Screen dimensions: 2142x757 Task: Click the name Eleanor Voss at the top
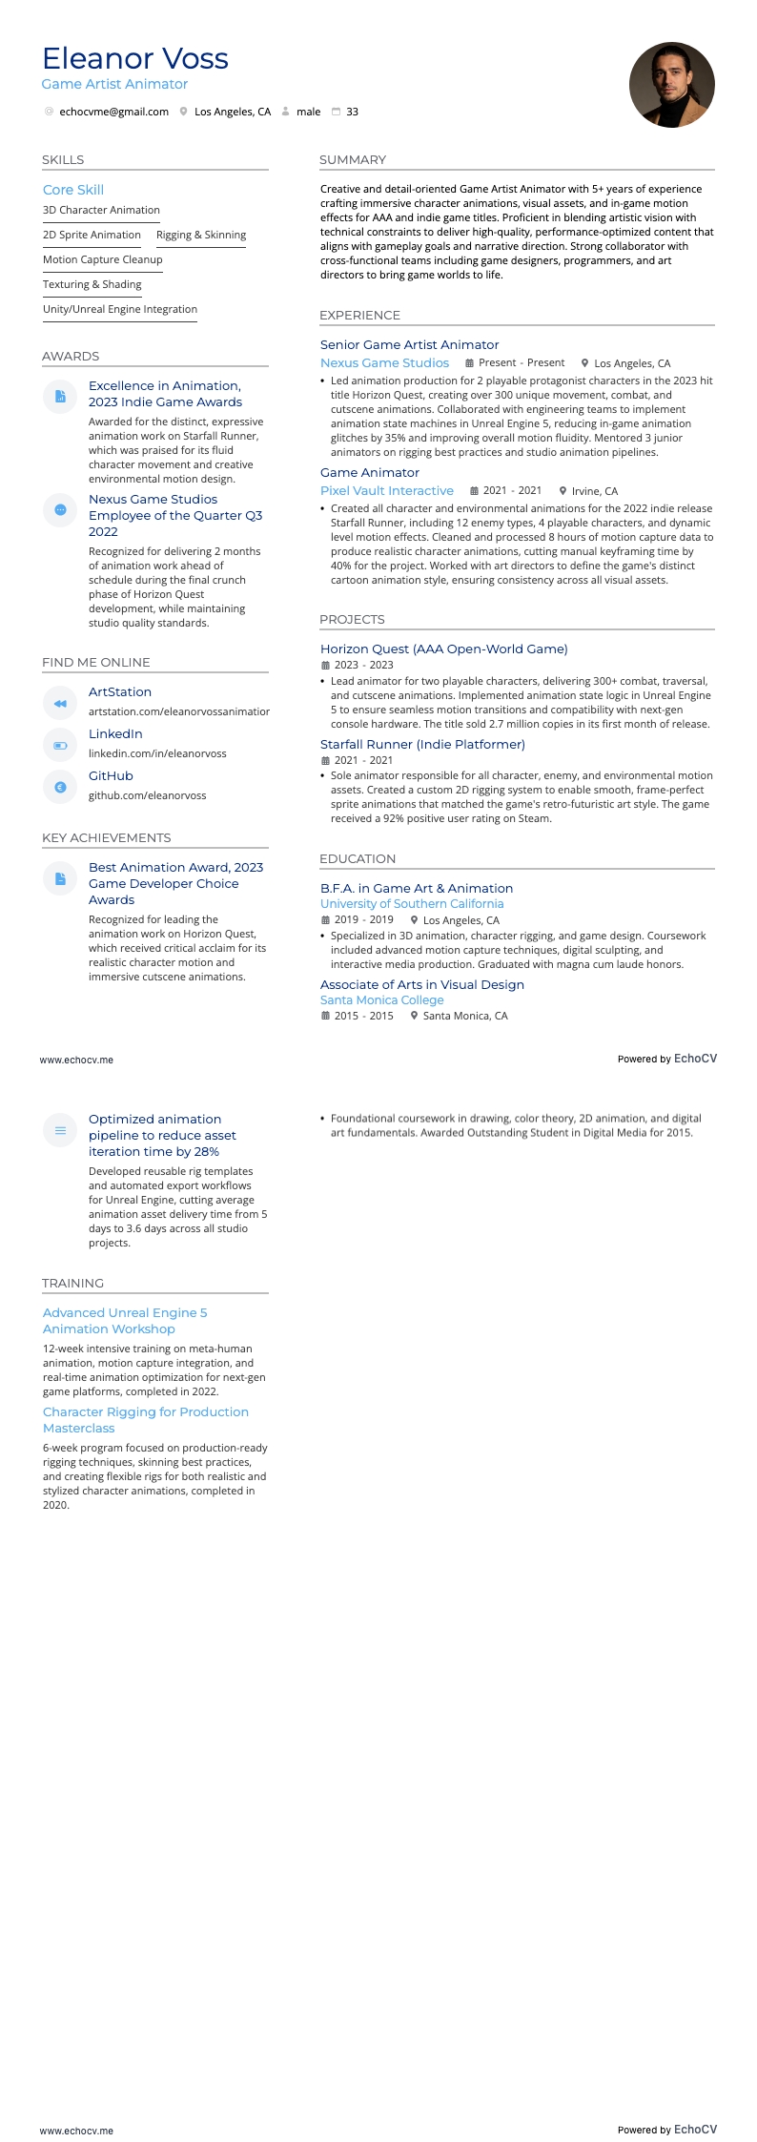[135, 59]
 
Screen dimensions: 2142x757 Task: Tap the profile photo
[671, 85]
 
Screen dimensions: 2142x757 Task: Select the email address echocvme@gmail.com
[113, 112]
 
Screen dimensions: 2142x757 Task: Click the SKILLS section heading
[63, 159]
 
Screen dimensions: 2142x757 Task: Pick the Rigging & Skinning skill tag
[201, 235]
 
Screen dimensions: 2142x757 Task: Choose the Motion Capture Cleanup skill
[103, 259]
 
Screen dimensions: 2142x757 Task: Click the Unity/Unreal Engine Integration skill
[120, 309]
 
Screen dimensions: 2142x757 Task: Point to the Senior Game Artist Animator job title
[409, 344]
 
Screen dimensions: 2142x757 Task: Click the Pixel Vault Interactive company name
[386, 490]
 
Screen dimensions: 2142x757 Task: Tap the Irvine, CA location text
[594, 491]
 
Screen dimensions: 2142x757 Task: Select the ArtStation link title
[120, 691]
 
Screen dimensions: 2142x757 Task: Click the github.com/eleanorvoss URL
[147, 795]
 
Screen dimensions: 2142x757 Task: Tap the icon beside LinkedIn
[60, 745]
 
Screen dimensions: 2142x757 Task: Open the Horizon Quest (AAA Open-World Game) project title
[443, 649]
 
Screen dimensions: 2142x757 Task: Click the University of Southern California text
[412, 903]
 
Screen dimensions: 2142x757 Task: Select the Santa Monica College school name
[381, 999]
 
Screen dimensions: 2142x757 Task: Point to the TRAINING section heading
[72, 1283]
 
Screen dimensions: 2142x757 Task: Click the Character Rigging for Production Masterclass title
[145, 1419]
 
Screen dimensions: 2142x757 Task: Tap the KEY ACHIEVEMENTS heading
[106, 837]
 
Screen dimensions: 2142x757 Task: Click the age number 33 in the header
[352, 112]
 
